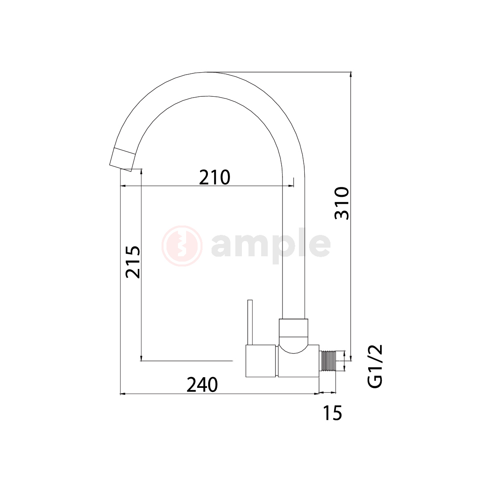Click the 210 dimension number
(x=214, y=177)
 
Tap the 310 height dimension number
(x=342, y=203)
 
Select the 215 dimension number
(x=133, y=262)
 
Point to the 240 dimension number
(x=202, y=385)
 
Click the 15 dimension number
(x=333, y=413)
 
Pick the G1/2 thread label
(x=375, y=367)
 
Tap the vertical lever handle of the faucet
(x=250, y=323)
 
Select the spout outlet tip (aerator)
(x=122, y=159)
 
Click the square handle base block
(x=261, y=361)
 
